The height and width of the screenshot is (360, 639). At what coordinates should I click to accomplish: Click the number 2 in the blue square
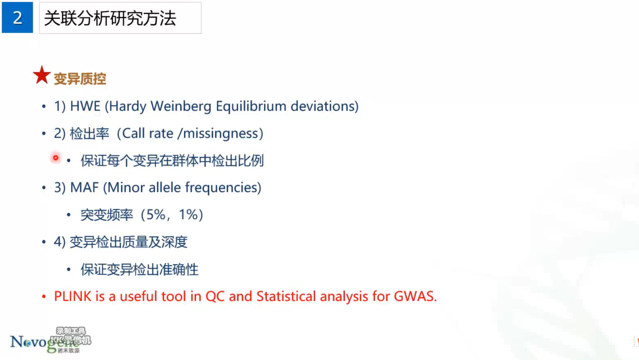tap(17, 18)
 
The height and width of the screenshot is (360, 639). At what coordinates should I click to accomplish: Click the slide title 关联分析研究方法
tap(110, 18)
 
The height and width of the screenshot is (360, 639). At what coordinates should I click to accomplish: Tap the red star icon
tap(42, 75)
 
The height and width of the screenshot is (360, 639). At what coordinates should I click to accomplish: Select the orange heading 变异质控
tap(80, 79)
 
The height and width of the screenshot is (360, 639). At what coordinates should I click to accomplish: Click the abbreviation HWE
tap(85, 107)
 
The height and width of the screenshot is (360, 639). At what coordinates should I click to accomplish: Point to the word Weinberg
tap(181, 107)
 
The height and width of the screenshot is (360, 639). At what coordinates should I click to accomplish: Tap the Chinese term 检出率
tap(89, 133)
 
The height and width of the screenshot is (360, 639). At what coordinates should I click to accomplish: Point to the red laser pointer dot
tap(56, 158)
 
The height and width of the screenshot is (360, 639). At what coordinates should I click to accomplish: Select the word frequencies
tap(221, 188)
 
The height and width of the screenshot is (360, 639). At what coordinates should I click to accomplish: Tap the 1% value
tap(188, 215)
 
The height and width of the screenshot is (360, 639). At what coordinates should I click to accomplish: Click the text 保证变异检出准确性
tap(139, 269)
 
